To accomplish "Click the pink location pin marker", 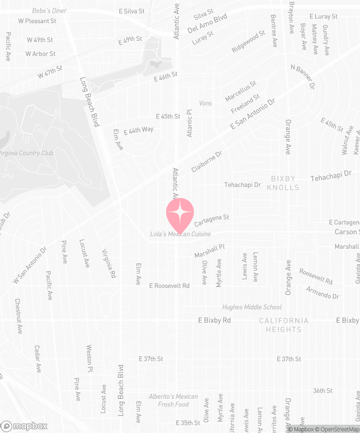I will point(180,213).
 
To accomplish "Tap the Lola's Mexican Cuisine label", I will point(181,234).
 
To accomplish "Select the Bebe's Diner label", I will point(49,11).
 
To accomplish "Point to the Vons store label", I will point(205,104).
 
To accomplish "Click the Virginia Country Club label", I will point(27,153).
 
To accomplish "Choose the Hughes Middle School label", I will point(252,307).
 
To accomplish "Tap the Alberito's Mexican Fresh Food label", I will point(173,400).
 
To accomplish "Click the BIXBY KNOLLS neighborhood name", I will point(283,183).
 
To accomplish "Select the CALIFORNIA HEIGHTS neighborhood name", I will point(284,325).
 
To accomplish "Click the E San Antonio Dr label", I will point(252,115).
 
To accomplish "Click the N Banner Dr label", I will point(303,77).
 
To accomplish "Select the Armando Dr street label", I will point(323,293).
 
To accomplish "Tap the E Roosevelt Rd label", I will point(170,286).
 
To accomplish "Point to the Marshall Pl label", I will point(210,251).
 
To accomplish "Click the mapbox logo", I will point(24,426).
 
